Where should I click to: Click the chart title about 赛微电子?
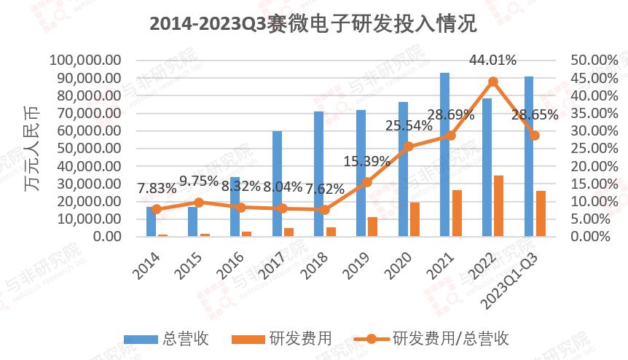(x=313, y=24)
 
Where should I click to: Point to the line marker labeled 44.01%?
(x=493, y=82)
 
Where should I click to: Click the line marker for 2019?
(x=366, y=182)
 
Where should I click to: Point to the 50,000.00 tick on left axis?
(x=85, y=149)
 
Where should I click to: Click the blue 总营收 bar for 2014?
(x=151, y=222)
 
